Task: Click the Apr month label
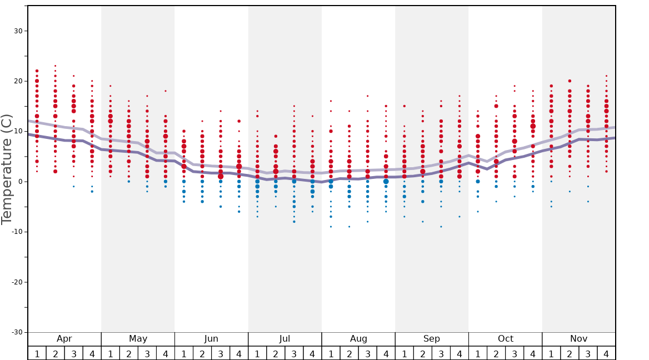point(64,339)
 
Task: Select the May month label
point(138,339)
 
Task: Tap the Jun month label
point(211,339)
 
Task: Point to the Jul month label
point(284,339)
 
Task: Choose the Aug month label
point(358,339)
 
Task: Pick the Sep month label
point(432,339)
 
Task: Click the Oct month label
point(505,339)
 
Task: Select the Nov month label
point(578,339)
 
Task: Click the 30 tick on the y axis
point(18,31)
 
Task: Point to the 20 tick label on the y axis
point(18,81)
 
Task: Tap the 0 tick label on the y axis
point(20,182)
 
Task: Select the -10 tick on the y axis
point(16,232)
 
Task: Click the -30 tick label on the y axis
point(16,332)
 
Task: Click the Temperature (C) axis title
point(7,169)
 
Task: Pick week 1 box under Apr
point(37,353)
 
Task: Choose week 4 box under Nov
point(606,353)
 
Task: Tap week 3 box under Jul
point(294,353)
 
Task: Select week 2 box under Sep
point(422,353)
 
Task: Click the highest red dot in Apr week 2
point(55,66)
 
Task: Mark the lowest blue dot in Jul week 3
point(294,222)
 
